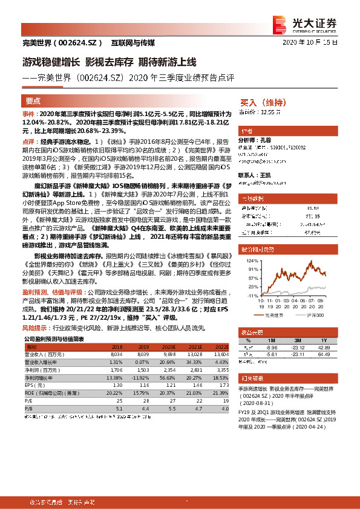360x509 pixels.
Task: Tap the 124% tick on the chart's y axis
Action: click(251, 261)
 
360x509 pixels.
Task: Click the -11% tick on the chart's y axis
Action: click(252, 295)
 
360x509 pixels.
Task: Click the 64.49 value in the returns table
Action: click(324, 355)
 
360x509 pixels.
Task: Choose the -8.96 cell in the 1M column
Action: click(271, 348)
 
